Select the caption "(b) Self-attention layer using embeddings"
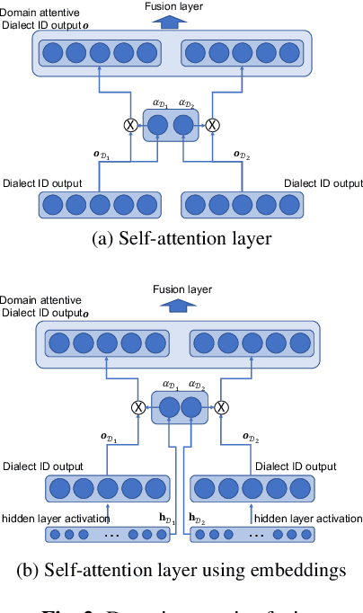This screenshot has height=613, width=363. (181, 570)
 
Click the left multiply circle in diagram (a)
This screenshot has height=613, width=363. (131, 126)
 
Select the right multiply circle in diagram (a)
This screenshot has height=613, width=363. (213, 126)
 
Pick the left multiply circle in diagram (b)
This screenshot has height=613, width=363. (138, 407)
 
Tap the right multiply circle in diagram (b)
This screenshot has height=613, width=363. (218, 407)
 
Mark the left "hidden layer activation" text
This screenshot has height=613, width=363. (55, 518)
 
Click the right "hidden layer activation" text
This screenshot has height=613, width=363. (308, 518)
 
